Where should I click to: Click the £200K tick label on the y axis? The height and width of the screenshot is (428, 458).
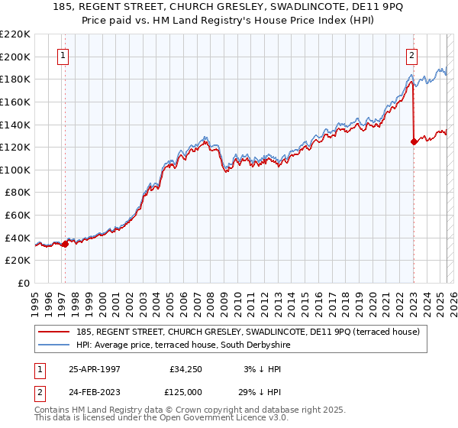[x=15, y=57]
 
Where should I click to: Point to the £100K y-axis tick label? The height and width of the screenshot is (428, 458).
[x=15, y=170]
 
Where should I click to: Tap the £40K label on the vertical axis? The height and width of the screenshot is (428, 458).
[x=18, y=238]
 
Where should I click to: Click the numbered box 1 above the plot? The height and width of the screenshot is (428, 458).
[x=62, y=55]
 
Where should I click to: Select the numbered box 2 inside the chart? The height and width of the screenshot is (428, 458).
[x=411, y=55]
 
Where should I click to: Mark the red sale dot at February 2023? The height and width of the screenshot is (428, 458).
[x=414, y=141]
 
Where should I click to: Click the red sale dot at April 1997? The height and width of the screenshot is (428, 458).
[x=66, y=244]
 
